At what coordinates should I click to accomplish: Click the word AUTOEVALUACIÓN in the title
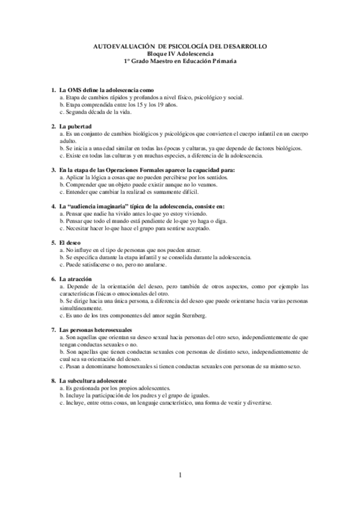pos(124,46)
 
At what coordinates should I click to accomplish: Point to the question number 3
pos(53,170)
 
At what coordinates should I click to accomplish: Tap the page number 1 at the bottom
pos(180,475)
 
